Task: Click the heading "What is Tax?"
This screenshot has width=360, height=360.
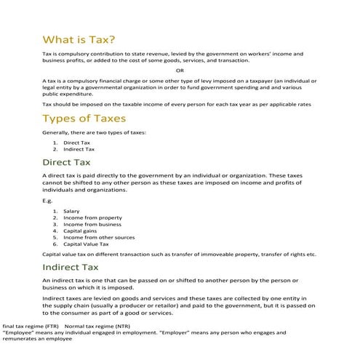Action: (79, 39)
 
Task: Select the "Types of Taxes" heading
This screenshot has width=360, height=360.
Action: (84, 119)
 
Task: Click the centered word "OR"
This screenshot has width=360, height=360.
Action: (180, 70)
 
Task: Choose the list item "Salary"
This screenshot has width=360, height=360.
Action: (71, 211)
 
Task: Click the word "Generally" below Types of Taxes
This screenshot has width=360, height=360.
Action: (57, 133)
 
